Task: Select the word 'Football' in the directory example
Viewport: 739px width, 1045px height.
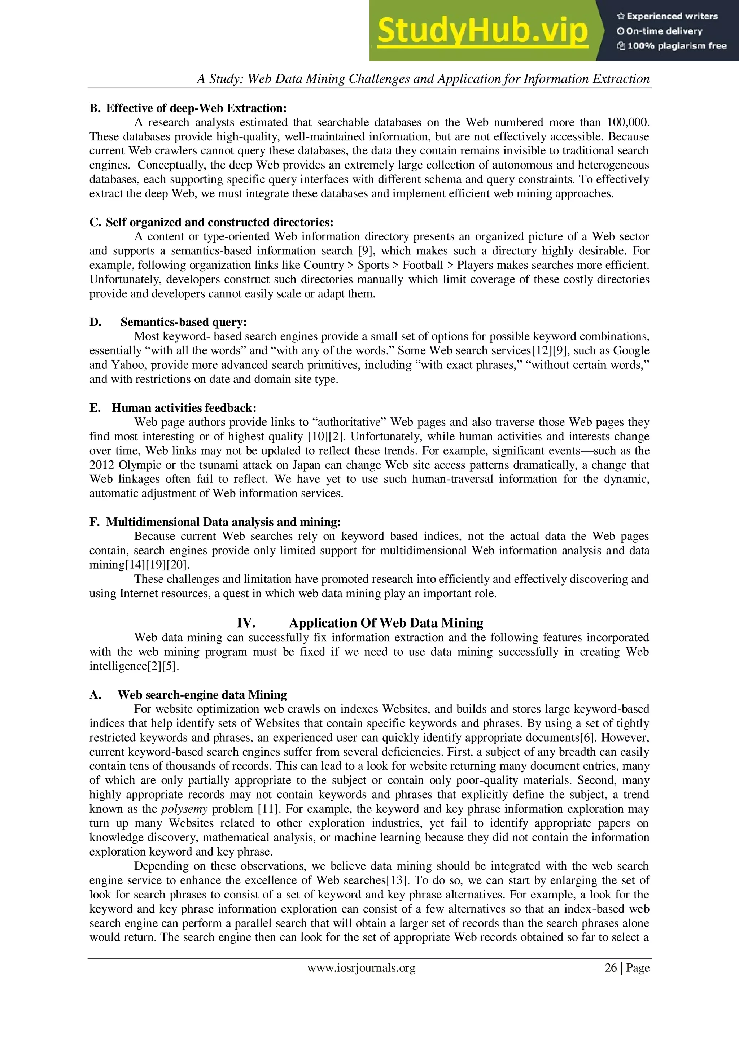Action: tap(423, 265)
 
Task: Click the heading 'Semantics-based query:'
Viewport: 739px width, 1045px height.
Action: tap(183, 322)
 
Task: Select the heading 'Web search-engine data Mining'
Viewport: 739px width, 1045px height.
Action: tap(202, 695)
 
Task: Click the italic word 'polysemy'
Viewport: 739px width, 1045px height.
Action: tap(184, 809)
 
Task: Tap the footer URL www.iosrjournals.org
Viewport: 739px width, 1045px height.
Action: tap(361, 968)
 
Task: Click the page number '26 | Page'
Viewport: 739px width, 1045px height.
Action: tap(627, 968)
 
